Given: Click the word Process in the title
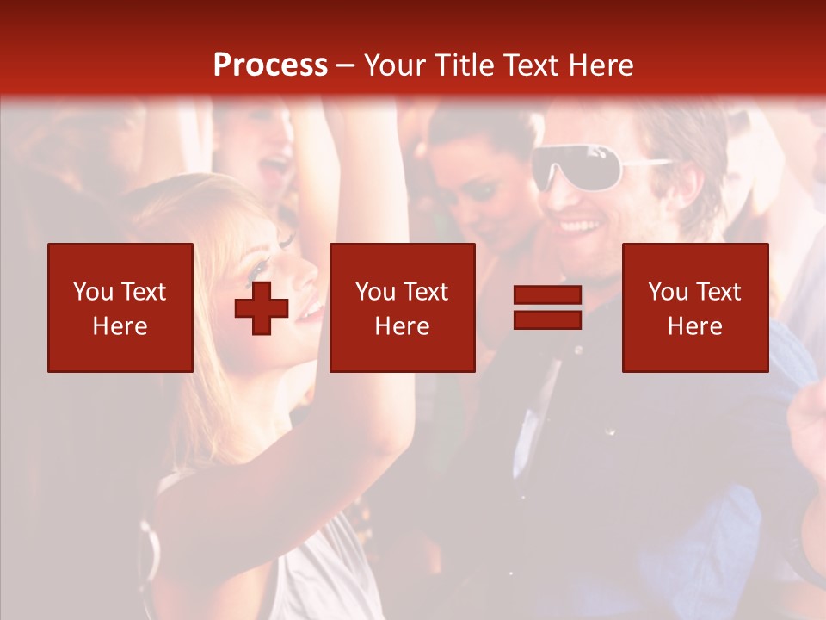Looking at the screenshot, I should [270, 65].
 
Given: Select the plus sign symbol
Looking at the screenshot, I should [262, 308].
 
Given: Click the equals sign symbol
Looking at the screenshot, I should [547, 307].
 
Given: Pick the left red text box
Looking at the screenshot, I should [120, 307].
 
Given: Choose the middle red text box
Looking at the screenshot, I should [402, 307].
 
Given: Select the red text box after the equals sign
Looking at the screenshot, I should [694, 307].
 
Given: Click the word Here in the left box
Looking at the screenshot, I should [120, 326].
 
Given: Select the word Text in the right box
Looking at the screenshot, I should [717, 292].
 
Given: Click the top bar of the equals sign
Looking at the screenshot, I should [547, 295].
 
